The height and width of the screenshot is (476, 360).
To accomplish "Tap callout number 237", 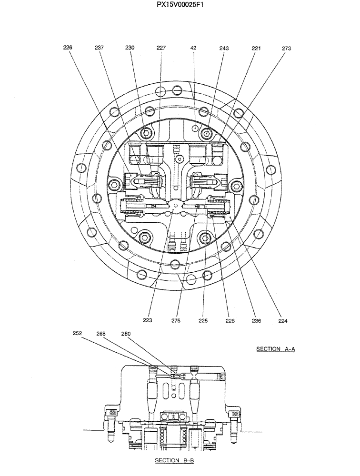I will (x=99, y=48).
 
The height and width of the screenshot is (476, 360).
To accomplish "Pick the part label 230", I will (x=130, y=48).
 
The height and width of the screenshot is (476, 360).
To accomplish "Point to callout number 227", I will (x=161, y=48).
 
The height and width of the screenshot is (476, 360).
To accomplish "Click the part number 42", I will (x=193, y=48).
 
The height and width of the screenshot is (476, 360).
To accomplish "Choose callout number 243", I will (x=224, y=48).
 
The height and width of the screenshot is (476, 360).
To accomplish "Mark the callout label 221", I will (x=256, y=48).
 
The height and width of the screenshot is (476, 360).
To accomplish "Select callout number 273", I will (x=287, y=48).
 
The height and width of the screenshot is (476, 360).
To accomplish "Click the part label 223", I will (x=148, y=321).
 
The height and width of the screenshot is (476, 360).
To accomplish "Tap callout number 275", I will (x=176, y=321).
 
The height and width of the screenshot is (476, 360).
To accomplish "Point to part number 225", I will (x=203, y=321).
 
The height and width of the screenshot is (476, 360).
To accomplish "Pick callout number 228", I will (x=230, y=321).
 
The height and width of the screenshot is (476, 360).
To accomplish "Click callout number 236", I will (x=256, y=321).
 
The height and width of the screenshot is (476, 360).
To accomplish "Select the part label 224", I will (x=283, y=321).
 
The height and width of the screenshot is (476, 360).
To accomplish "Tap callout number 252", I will (x=78, y=334).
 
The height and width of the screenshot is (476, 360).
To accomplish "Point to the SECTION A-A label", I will (x=276, y=349).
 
